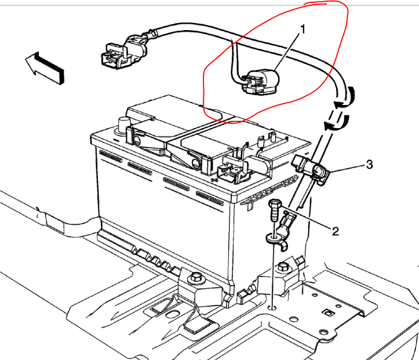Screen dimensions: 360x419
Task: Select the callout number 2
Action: [335, 231]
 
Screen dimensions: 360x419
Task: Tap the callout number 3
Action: [369, 165]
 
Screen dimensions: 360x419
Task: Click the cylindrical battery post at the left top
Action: [123, 123]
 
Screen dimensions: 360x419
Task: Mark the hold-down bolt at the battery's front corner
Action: [196, 278]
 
